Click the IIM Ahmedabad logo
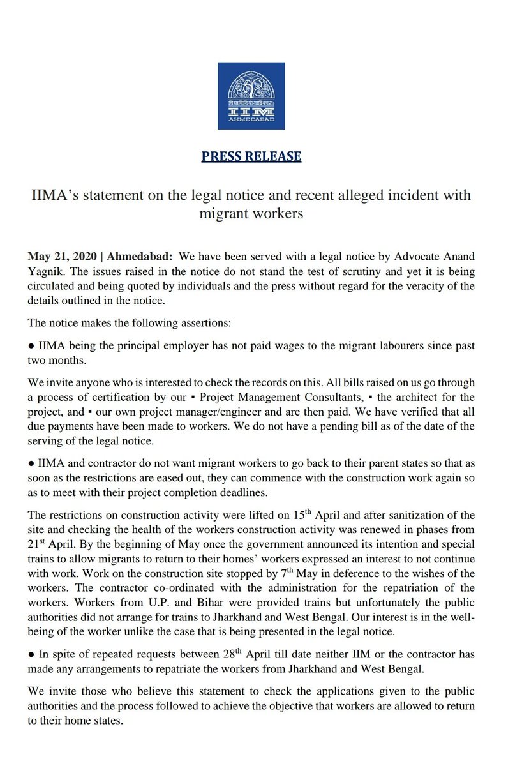pyautogui.click(x=260, y=96)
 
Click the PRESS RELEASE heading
pyautogui.click(x=251, y=156)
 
